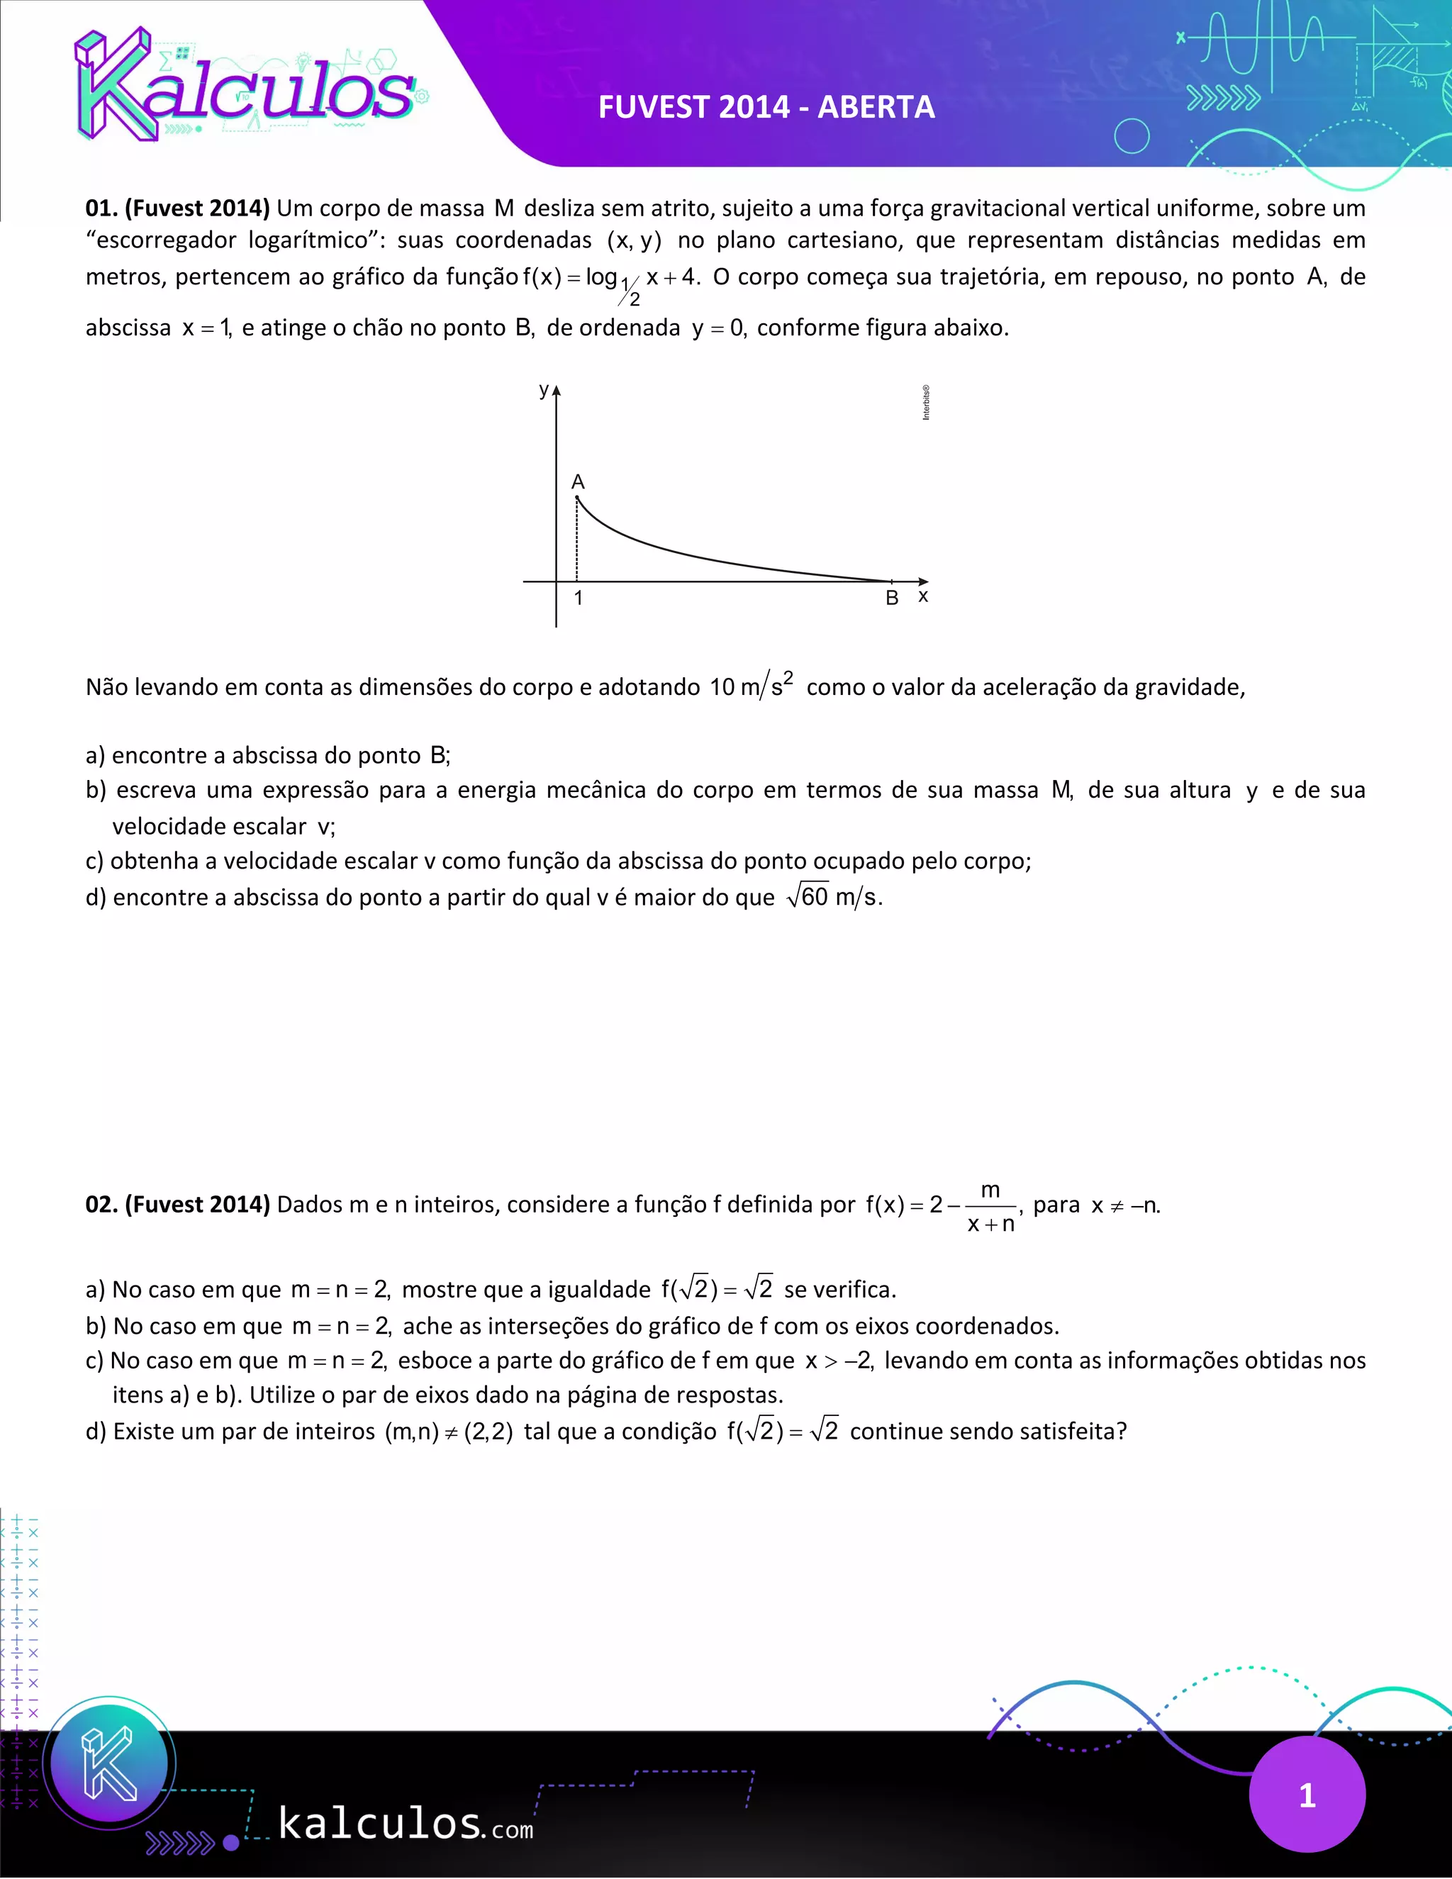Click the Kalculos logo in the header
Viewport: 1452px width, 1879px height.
(x=245, y=86)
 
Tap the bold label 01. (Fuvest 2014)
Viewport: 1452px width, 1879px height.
(x=177, y=208)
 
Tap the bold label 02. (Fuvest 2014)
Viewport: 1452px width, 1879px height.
(x=177, y=1204)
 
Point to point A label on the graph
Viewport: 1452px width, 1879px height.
(x=578, y=481)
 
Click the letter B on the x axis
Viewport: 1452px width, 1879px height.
(x=892, y=598)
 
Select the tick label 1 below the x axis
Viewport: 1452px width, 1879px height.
(x=578, y=598)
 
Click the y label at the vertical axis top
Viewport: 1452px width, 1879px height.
(x=543, y=390)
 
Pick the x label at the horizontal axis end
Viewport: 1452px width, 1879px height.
(x=923, y=596)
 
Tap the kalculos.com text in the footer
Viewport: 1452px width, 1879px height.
(x=405, y=1824)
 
